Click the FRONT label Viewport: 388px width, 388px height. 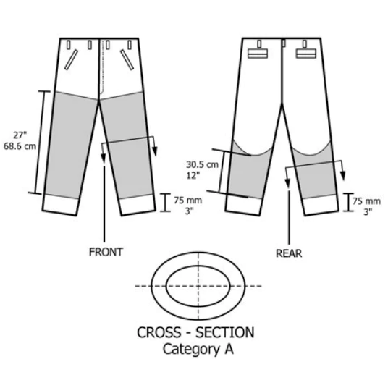(x=106, y=252)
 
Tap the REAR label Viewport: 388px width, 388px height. (x=289, y=253)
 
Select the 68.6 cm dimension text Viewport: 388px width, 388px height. (x=20, y=146)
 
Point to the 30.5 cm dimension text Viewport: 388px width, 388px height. (x=202, y=164)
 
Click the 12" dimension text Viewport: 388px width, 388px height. (x=193, y=175)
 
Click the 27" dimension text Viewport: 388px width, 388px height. (x=20, y=135)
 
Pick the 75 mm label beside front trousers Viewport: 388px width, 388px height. (x=187, y=200)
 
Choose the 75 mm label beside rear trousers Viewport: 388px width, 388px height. (x=366, y=201)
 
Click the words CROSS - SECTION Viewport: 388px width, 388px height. (x=195, y=332)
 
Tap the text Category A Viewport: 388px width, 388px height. (x=198, y=349)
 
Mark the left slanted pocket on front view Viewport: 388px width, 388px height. (x=71, y=60)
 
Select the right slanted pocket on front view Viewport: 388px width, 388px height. (x=127, y=60)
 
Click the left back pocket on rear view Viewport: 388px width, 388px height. (x=258, y=54)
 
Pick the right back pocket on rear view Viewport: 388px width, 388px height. (x=306, y=54)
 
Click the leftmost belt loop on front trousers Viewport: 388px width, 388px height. (x=69, y=45)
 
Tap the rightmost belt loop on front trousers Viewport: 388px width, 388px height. (x=130, y=45)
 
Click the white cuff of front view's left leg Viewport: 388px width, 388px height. (x=60, y=205)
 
